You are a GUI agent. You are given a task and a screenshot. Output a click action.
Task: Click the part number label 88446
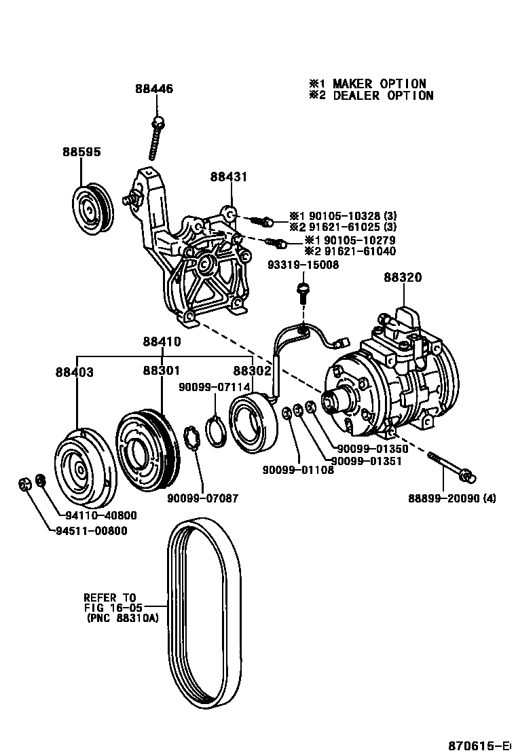(x=153, y=89)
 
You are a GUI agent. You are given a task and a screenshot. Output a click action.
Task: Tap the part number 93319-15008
(x=303, y=265)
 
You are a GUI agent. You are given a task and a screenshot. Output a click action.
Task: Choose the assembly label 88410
(x=162, y=342)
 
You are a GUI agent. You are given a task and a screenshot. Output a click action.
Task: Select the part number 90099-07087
(x=202, y=498)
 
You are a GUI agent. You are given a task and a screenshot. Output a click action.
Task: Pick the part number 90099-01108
(x=299, y=469)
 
